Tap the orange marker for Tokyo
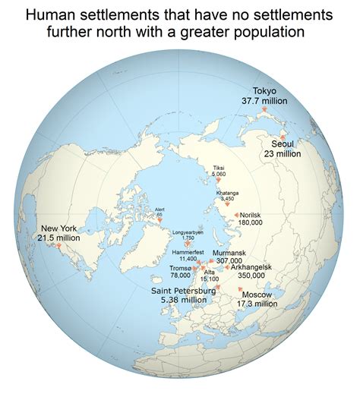tap(264, 110)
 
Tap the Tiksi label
tap(218, 168)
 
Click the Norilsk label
tap(256, 216)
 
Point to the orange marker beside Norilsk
tap(237, 216)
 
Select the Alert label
tap(159, 210)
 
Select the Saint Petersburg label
tap(184, 291)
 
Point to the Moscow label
tap(258, 295)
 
